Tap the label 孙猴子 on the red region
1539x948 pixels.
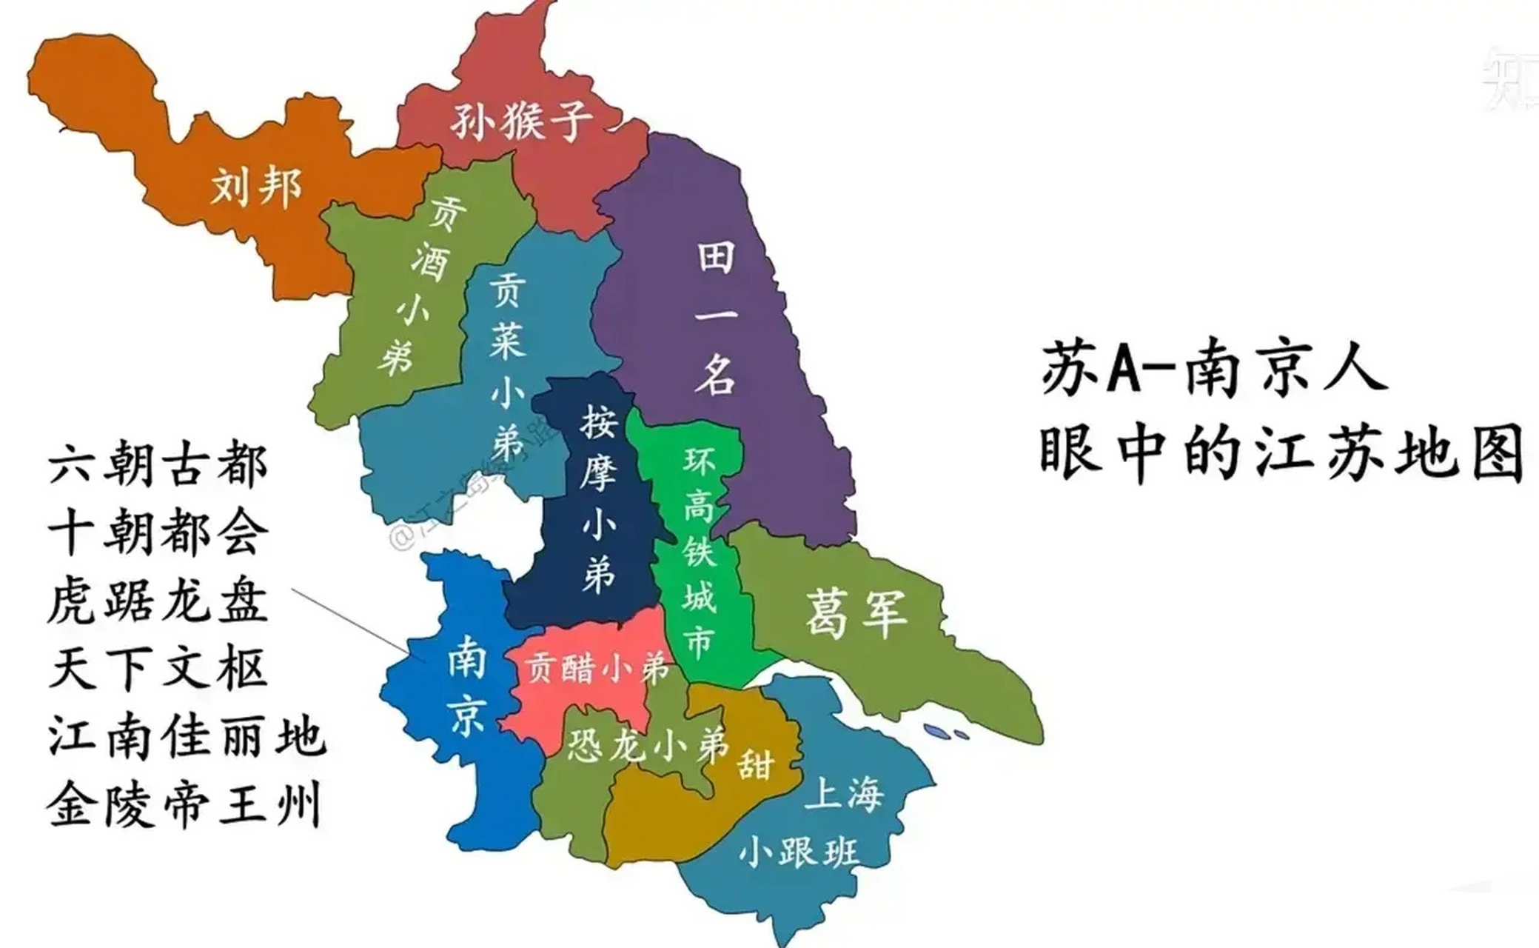522,121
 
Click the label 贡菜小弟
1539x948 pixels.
508,367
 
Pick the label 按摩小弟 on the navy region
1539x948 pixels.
598,499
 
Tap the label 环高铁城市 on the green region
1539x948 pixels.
699,553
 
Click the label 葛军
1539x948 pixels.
856,613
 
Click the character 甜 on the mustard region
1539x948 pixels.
755,763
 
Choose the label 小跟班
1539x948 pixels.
799,852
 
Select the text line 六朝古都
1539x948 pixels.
158,467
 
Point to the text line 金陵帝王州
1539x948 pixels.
185,806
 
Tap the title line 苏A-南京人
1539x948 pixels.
1214,368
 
